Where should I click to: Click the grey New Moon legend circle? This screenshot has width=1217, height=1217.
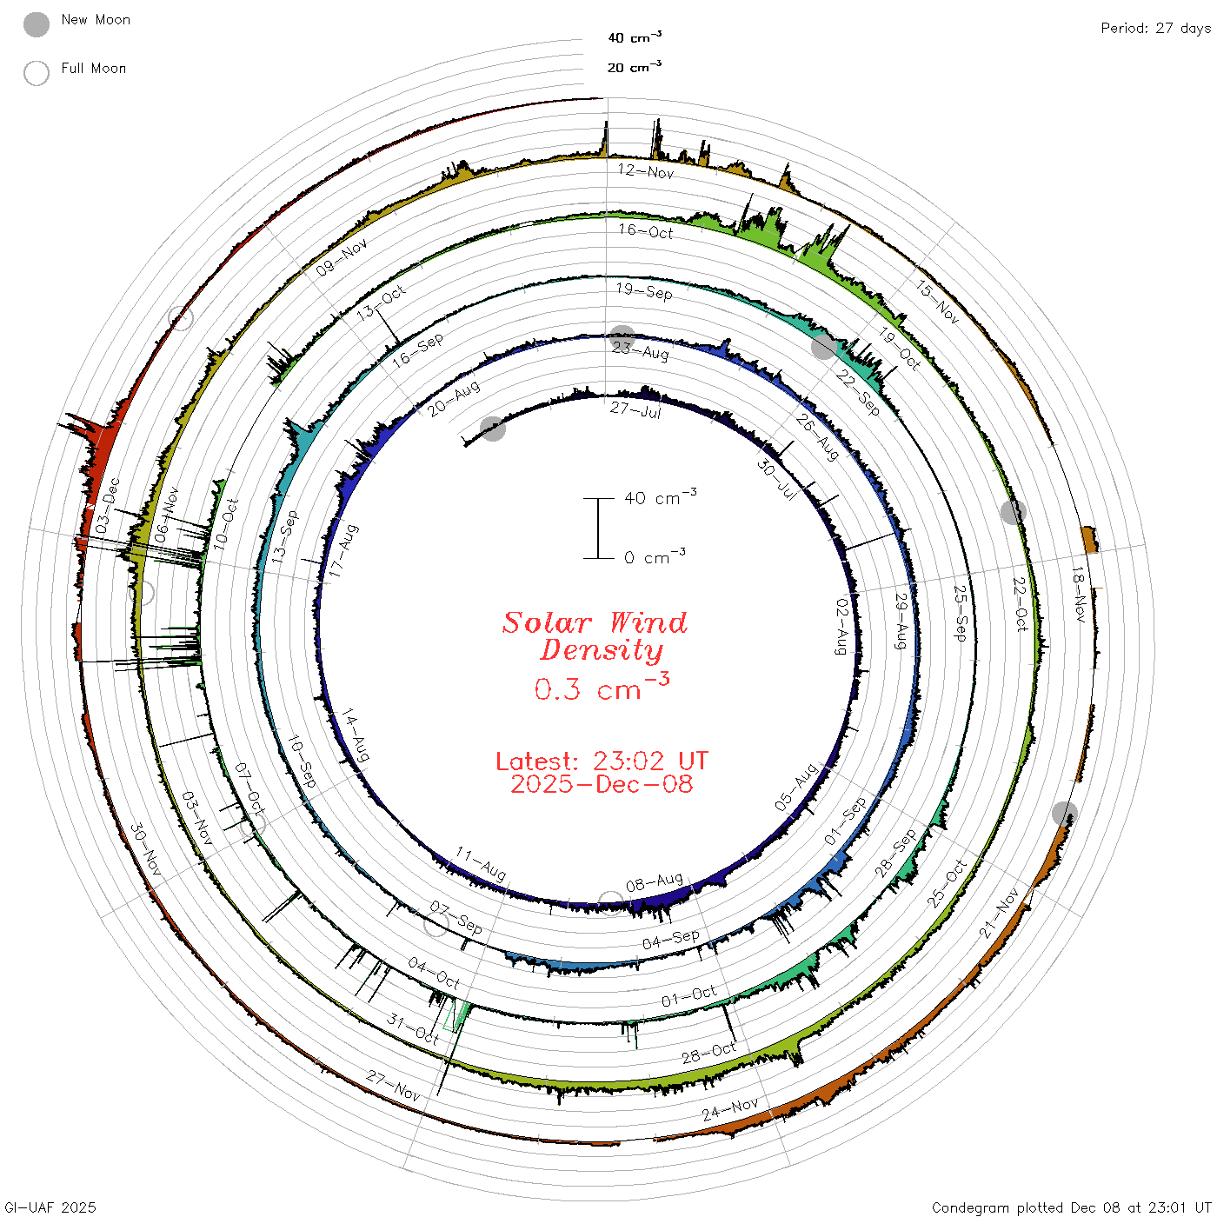click(x=36, y=24)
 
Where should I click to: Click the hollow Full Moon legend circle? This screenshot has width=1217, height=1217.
click(x=36, y=73)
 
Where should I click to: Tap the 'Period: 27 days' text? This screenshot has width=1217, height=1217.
click(x=1156, y=29)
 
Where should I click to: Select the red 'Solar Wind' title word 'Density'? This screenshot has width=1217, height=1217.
click(x=602, y=650)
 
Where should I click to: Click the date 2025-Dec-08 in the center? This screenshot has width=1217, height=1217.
click(x=602, y=784)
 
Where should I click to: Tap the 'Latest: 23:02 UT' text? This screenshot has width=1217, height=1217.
click(x=602, y=761)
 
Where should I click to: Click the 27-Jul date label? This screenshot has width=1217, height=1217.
click(x=635, y=410)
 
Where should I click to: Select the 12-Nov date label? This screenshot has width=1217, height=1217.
click(x=646, y=171)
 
